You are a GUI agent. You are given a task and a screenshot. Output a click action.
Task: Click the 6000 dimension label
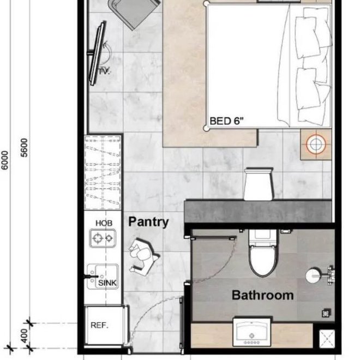click(5, 160)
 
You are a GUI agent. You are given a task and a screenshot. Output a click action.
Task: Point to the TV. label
click(104, 71)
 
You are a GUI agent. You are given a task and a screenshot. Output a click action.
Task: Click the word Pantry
click(148, 222)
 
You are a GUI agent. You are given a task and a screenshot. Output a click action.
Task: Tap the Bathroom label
click(262, 295)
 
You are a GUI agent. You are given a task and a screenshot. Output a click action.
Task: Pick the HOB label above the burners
click(104, 223)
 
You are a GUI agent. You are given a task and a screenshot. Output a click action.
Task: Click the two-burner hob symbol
click(104, 238)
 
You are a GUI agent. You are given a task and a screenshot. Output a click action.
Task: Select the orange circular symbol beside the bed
click(315, 144)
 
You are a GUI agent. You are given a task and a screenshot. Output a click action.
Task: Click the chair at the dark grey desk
click(258, 184)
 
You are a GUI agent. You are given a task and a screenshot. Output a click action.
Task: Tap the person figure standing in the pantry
click(144, 254)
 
